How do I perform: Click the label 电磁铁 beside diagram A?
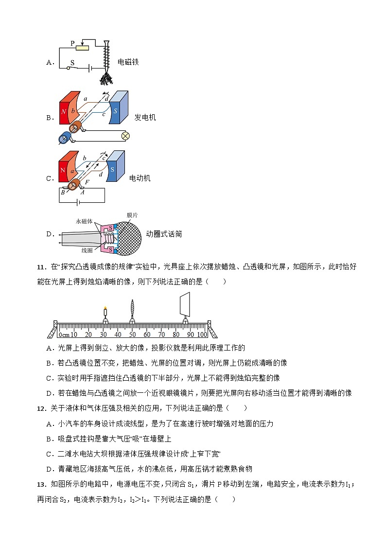click(128, 62)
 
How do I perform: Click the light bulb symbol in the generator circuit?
click(124, 136)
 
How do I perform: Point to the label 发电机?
click(145, 118)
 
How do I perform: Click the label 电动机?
click(140, 178)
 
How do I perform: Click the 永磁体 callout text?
click(84, 221)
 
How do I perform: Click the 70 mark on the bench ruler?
click(161, 335)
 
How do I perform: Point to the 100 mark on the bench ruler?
click(202, 335)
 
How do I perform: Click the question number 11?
click(41, 266)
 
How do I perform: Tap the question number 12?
click(41, 408)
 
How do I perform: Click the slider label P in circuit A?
click(72, 43)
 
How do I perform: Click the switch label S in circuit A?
click(72, 63)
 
